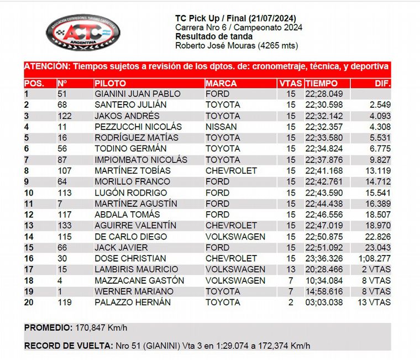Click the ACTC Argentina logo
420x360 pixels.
click(82, 31)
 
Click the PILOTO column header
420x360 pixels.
click(110, 84)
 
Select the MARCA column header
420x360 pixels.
click(221, 84)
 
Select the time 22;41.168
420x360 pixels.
click(324, 170)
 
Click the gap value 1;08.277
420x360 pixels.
click(374, 258)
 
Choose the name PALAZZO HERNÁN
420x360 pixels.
click(133, 302)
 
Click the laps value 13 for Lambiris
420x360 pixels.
click(291, 269)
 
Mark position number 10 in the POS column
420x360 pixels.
click(29, 192)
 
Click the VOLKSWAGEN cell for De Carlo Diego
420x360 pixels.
click(235, 236)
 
